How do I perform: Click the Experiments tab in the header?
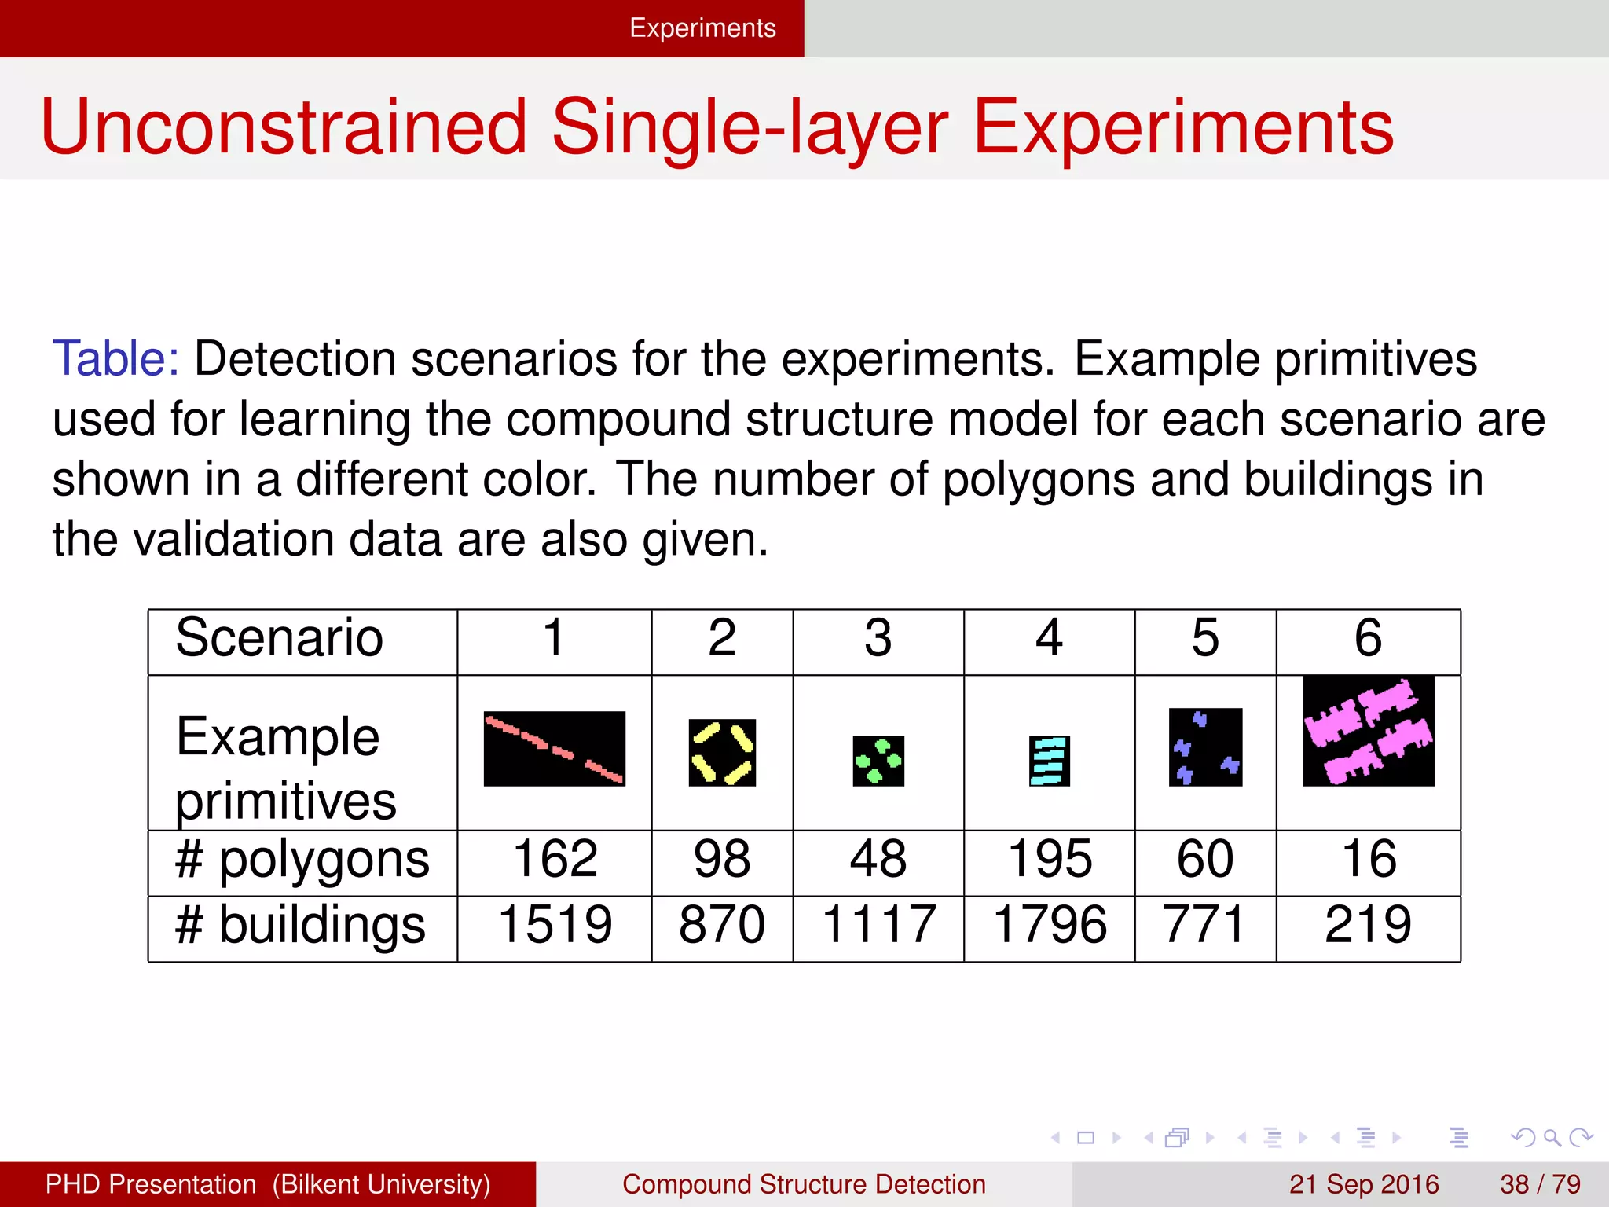coord(702,28)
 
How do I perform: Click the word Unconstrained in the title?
coord(283,127)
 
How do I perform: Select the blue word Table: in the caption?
coord(115,359)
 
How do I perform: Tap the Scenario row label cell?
coord(280,637)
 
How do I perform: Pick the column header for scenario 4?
coord(1049,637)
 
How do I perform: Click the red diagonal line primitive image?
coord(554,748)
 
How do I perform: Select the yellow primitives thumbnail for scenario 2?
coord(722,752)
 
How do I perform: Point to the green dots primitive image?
coord(878,761)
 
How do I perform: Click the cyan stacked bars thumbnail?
coord(1050,761)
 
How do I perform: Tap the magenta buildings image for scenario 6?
coord(1368,731)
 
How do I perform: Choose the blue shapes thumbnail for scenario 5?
coord(1205,747)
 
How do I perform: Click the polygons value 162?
coord(555,858)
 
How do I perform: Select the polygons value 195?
coord(1050,858)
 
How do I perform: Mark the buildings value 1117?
coord(878,924)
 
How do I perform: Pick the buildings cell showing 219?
coord(1368,924)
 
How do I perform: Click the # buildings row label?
coord(300,924)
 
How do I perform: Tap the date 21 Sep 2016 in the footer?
coord(1364,1183)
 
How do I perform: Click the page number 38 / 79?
coord(1540,1183)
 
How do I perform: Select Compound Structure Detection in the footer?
coord(804,1183)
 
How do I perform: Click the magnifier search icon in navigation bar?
coord(1552,1137)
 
